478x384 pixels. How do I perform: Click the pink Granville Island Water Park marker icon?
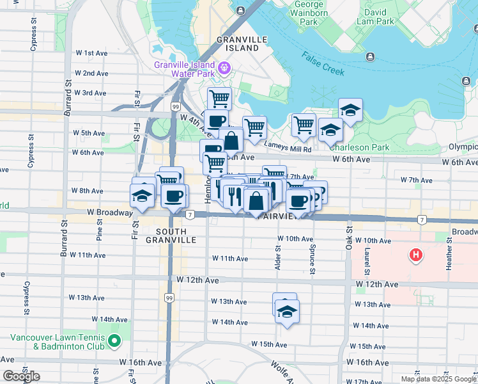pyautogui.click(x=224, y=67)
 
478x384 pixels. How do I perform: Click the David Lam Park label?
pyautogui.click(x=376, y=16)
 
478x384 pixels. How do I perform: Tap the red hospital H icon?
pyautogui.click(x=417, y=256)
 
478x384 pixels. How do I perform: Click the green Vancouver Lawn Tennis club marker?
pyautogui.click(x=115, y=341)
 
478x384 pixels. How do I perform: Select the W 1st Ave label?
pyautogui.click(x=91, y=53)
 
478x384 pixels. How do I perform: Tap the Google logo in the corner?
pyautogui.click(x=21, y=376)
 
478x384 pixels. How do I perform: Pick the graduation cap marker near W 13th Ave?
pyautogui.click(x=287, y=312)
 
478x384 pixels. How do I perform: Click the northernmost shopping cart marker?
pyautogui.click(x=219, y=99)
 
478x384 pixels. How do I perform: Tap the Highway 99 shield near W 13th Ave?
pyautogui.click(x=169, y=298)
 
